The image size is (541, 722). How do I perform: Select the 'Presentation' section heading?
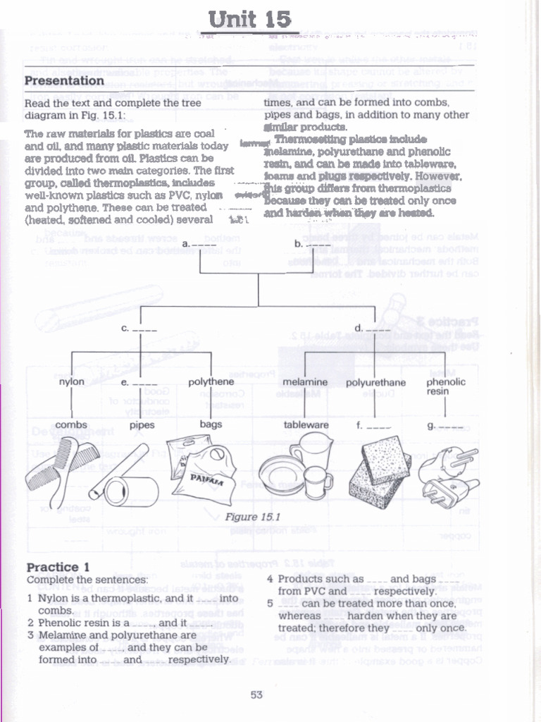pos(64,80)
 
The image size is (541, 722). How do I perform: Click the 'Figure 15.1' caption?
pos(253,517)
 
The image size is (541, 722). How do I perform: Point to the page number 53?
pos(256,695)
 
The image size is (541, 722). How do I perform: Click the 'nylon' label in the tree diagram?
pos(72,381)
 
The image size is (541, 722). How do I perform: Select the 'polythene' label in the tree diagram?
pos(211,381)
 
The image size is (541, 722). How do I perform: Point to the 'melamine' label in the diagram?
pos(305,382)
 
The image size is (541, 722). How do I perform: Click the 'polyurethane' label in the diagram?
pos(375,382)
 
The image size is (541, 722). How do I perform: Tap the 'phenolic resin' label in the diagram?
pos(446,386)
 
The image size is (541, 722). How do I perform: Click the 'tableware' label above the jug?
pos(306,424)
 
